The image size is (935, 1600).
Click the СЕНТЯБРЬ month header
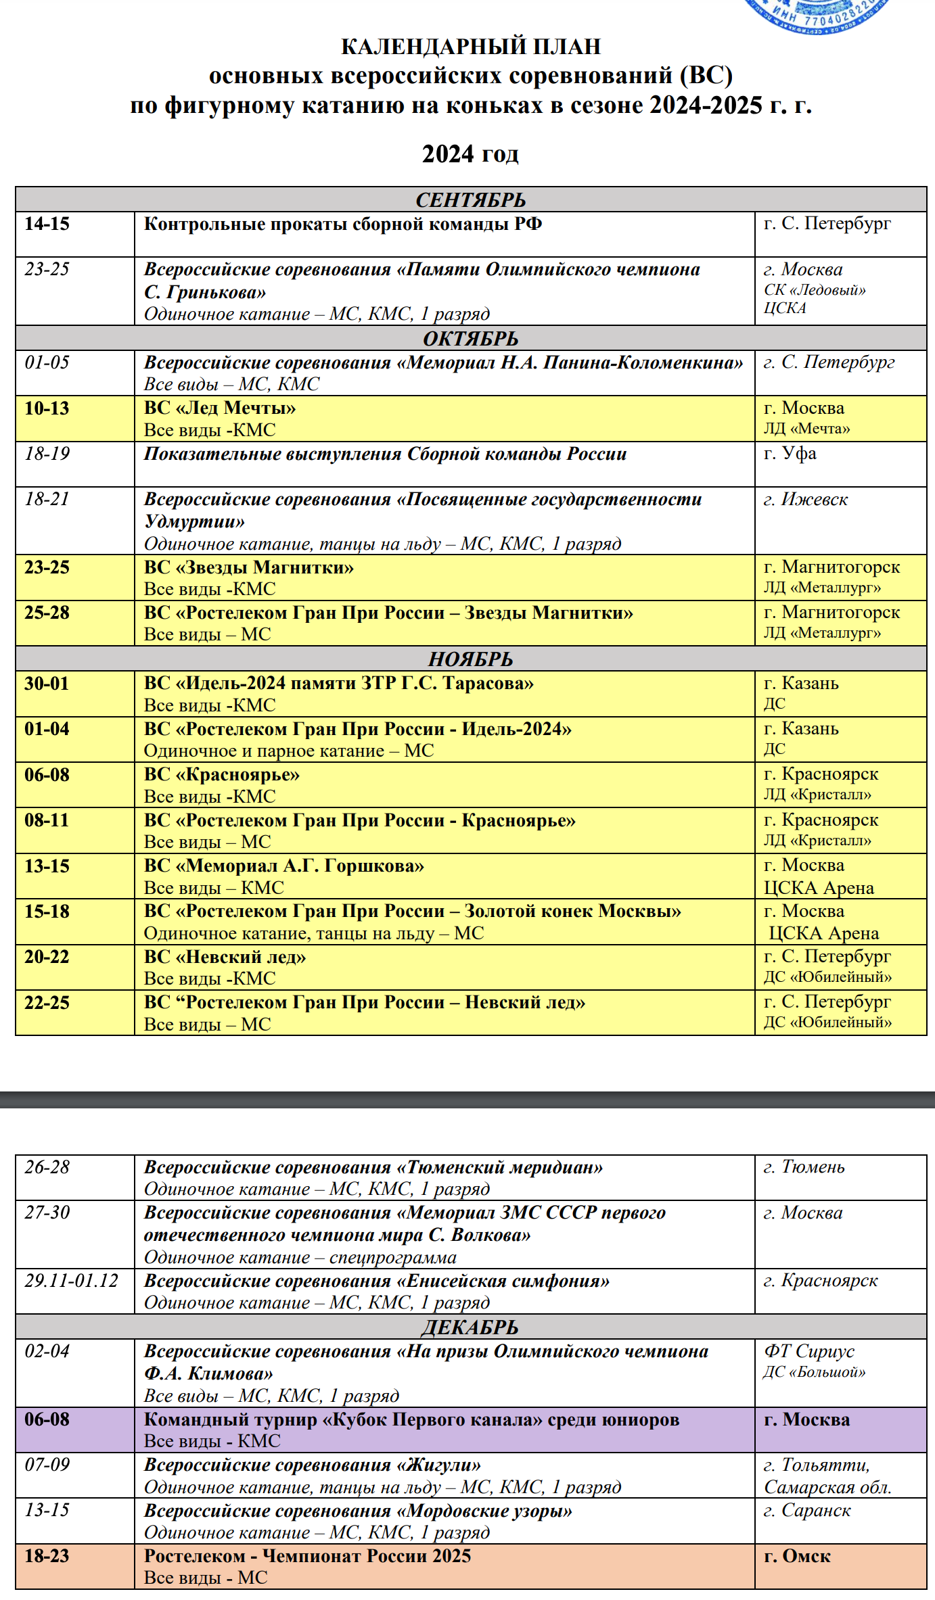point(470,200)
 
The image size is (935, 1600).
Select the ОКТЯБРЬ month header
point(470,338)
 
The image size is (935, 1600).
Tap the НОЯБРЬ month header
point(470,659)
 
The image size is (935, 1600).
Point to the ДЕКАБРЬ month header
point(470,1327)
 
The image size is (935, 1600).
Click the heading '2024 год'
point(470,154)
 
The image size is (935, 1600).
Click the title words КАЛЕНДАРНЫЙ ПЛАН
point(470,46)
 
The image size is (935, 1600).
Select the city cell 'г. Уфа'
point(790,453)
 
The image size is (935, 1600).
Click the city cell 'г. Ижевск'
point(805,499)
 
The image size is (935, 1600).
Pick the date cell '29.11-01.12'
point(72,1281)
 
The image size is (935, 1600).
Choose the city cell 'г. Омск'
point(797,1556)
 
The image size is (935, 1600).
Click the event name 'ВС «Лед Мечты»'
point(220,408)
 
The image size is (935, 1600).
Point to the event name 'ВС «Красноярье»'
point(222,774)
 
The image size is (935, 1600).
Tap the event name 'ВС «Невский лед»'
point(225,957)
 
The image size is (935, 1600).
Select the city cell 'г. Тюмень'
point(804,1167)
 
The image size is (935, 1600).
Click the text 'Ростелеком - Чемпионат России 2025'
point(307,1556)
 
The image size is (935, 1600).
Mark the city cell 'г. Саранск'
point(807,1511)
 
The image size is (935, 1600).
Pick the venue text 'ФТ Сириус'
point(809,1351)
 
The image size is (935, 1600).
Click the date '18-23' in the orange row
point(47,1556)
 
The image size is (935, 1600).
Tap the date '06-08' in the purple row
point(47,1419)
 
